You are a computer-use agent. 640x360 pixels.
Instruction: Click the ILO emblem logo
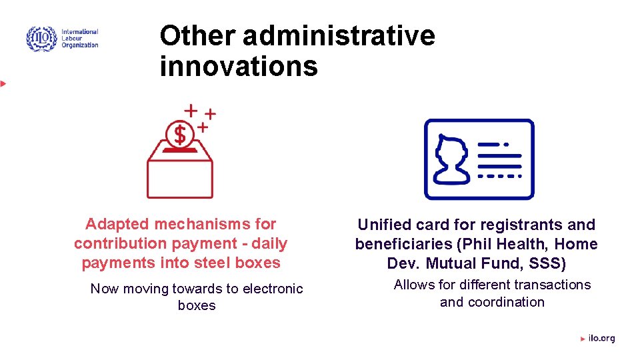[41, 39]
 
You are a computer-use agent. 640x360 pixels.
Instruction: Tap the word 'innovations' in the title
[239, 66]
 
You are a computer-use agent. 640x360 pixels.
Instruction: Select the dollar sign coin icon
[180, 135]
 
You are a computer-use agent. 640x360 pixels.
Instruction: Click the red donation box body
[180, 177]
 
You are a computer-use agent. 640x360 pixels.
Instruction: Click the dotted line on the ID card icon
[499, 176]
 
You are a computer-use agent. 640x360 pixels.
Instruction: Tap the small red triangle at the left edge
[3, 83]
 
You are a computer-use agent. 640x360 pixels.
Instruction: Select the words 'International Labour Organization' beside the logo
[80, 39]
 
